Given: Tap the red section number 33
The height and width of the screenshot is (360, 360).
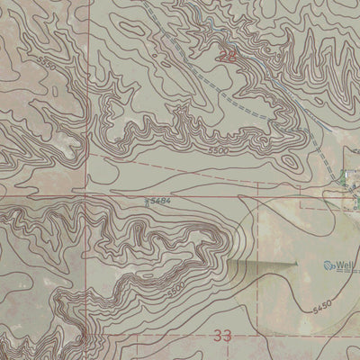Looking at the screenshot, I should pyautogui.click(x=223, y=335).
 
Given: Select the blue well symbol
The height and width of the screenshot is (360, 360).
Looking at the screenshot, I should pyautogui.click(x=328, y=265).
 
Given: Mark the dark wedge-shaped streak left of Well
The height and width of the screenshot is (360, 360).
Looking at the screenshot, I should pyautogui.click(x=261, y=265).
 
